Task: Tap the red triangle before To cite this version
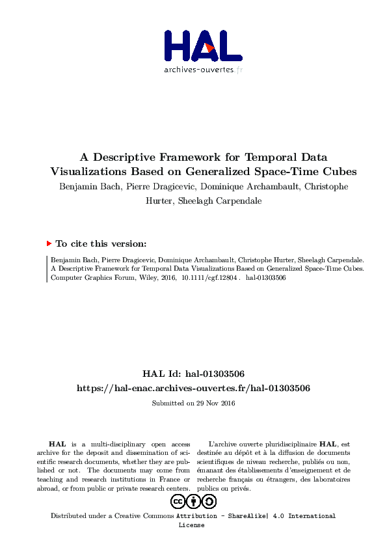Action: point(49,243)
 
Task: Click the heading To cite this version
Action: point(101,244)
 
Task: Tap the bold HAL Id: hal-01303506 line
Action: point(193,374)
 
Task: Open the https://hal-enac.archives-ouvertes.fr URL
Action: point(193,388)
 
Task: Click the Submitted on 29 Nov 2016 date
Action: point(193,403)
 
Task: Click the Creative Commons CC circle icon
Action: point(178,501)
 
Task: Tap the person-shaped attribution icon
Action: point(193,501)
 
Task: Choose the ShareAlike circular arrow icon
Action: point(209,501)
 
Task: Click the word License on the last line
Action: point(191,525)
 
